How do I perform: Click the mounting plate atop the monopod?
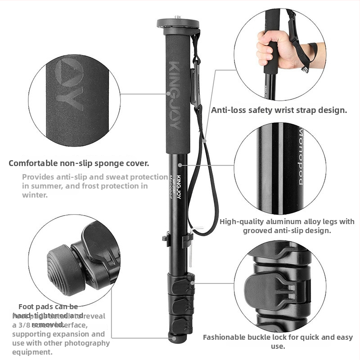(178, 23)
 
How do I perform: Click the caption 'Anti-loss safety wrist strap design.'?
(279, 110)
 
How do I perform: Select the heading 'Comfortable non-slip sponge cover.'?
(79, 163)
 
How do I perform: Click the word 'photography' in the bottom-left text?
(85, 343)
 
